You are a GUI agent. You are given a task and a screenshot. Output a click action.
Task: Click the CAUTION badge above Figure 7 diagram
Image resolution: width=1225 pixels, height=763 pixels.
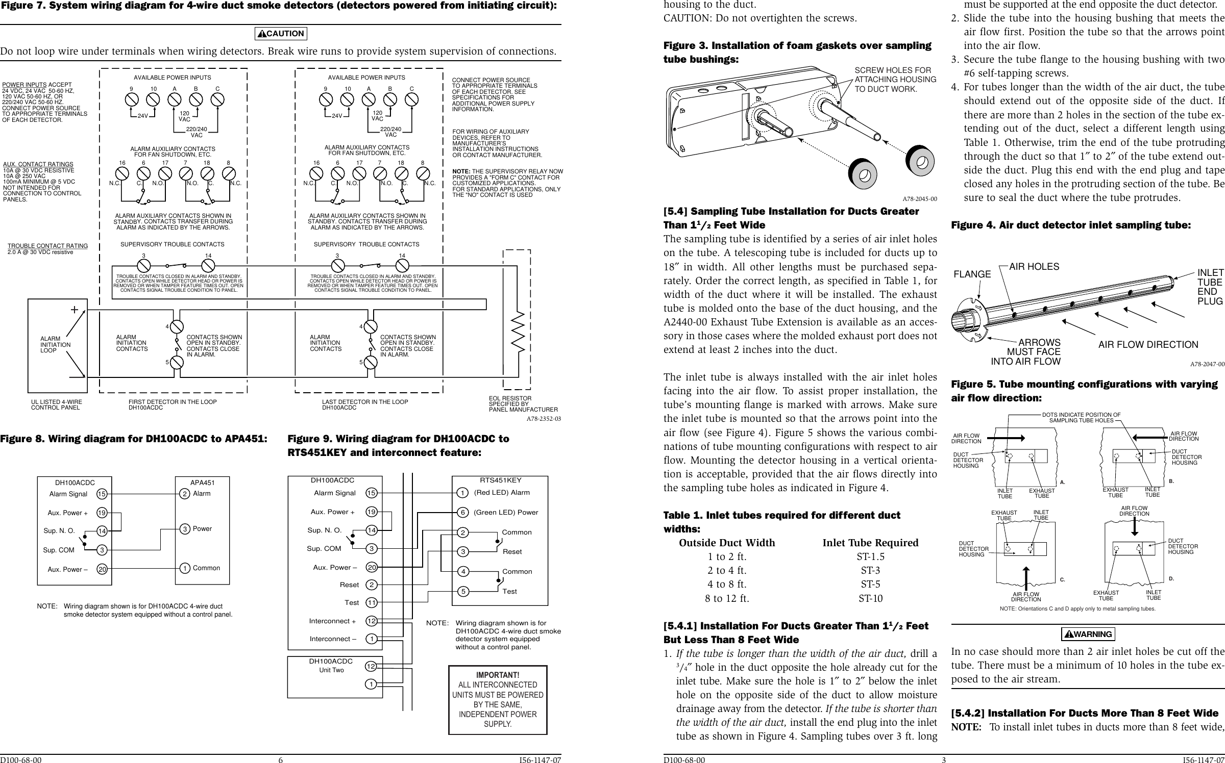tap(281, 34)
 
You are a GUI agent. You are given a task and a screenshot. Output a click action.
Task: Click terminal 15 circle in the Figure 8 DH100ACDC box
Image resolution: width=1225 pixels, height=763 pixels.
tap(102, 494)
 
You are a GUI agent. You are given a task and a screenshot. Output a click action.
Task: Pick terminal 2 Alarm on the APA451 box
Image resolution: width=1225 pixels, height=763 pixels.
tap(184, 494)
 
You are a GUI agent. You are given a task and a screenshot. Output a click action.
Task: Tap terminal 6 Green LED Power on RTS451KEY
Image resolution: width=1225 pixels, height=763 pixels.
tap(462, 512)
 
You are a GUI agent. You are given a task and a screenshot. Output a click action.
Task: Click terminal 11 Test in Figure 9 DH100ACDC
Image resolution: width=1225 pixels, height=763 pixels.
tap(372, 603)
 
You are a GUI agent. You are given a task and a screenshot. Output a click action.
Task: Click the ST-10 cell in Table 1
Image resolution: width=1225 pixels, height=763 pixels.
tap(870, 598)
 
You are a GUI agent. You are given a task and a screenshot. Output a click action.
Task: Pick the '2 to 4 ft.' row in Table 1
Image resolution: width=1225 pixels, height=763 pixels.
tap(727, 571)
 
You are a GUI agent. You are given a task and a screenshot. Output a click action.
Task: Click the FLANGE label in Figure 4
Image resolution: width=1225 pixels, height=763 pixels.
tap(972, 274)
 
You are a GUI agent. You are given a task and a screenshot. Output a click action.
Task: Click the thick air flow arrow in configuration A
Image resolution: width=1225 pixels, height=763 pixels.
tap(1009, 437)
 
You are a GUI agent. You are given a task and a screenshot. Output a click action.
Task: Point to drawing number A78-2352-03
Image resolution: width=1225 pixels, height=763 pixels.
tap(544, 419)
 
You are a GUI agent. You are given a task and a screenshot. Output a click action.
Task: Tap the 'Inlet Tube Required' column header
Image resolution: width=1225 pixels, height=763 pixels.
tap(870, 543)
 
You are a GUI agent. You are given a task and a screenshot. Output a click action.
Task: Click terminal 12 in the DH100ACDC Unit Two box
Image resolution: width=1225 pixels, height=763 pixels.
tap(372, 666)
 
